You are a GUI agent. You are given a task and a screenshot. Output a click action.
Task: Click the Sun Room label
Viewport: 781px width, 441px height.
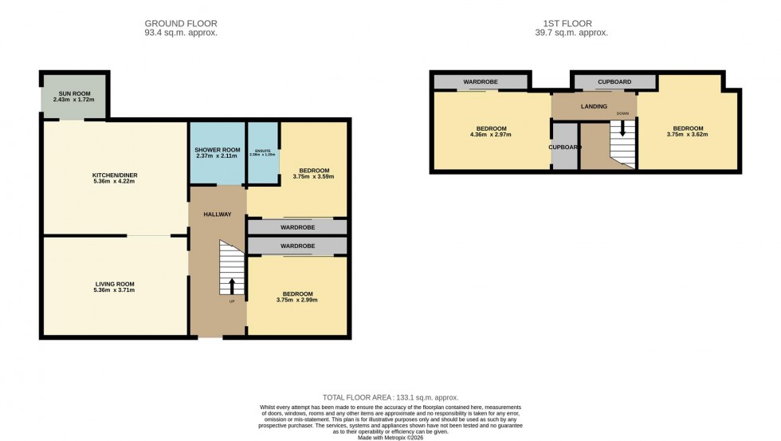[73, 93]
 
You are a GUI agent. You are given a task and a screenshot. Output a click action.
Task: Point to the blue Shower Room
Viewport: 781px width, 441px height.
[217, 152]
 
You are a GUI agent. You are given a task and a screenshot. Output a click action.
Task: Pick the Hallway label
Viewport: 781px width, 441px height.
[217, 214]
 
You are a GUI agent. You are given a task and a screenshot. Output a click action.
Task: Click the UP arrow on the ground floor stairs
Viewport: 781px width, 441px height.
[232, 286]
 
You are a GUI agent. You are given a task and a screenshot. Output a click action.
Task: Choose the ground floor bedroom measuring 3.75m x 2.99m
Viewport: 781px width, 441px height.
[297, 297]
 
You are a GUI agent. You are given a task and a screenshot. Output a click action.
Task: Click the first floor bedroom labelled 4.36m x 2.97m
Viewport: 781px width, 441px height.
[492, 132]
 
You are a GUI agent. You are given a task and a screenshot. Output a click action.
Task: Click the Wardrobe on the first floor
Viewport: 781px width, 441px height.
[481, 82]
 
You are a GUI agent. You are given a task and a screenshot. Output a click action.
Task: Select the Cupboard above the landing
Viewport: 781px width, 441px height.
[614, 82]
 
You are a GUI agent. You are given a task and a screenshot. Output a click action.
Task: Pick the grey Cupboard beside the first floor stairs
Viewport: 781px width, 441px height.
[563, 147]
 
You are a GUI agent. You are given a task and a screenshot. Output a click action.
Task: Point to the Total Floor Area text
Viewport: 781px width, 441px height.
[390, 397]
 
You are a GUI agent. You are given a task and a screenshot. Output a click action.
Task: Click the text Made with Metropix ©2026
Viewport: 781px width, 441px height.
[390, 436]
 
